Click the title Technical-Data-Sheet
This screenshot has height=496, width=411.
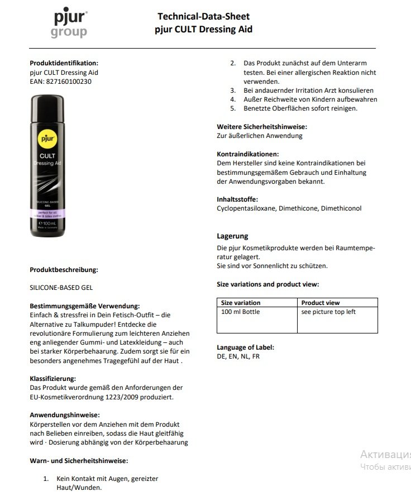(x=203, y=17)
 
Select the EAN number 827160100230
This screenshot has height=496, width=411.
(x=69, y=81)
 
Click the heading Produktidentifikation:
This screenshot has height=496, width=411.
(x=64, y=63)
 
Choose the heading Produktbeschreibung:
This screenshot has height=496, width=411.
(x=64, y=270)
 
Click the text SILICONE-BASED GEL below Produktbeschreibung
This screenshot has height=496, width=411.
(x=61, y=288)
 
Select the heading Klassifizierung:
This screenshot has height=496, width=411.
(x=54, y=378)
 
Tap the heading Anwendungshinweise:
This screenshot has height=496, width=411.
(x=64, y=415)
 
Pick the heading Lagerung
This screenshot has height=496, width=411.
(x=232, y=236)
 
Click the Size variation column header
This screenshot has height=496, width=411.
(x=241, y=303)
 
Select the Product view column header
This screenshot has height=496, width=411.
(x=321, y=303)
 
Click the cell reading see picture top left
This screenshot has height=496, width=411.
(x=328, y=312)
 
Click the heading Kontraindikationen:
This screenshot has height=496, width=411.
(x=247, y=154)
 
